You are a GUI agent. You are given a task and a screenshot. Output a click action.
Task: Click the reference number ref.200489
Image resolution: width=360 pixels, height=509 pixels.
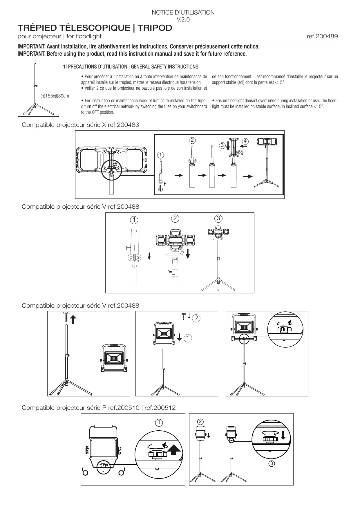coord(322,37)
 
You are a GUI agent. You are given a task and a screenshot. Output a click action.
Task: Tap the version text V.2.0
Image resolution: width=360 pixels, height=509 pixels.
coord(183,20)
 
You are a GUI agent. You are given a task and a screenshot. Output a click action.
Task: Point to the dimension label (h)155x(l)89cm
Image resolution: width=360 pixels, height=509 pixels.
coord(55,96)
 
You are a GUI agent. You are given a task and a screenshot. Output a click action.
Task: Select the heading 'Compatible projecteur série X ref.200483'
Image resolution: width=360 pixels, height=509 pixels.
coord(80,125)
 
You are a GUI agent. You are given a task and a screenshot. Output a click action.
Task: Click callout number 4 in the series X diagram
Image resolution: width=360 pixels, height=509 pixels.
coord(245,141)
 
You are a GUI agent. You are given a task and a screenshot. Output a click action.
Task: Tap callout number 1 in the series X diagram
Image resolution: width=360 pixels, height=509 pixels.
coord(160,155)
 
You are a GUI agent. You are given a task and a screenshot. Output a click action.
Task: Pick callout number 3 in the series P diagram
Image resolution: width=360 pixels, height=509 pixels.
coord(271,463)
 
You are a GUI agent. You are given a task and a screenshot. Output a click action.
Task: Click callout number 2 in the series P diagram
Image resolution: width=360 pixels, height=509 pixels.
coord(200,421)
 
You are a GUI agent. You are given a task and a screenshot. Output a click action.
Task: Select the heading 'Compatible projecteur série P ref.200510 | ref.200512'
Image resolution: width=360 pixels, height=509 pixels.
coord(99,408)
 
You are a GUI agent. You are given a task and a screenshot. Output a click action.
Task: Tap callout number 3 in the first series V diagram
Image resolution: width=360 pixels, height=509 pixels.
coord(218,218)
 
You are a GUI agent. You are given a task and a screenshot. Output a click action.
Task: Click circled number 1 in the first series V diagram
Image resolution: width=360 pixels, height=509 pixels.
coord(134,220)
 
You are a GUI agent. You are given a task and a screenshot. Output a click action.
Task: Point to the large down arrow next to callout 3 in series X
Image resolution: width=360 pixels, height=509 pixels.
coord(228,146)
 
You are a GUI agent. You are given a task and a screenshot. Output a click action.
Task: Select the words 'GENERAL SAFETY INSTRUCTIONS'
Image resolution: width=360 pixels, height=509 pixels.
coord(164,67)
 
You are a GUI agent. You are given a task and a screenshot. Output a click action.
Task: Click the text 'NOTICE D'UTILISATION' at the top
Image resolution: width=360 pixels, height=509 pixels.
coord(183,12)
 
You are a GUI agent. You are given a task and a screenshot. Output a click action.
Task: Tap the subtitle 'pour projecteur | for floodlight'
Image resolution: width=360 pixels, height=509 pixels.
coord(59,37)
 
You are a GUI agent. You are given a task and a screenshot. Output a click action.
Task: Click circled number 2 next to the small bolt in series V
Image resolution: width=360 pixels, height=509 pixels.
coord(196,318)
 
